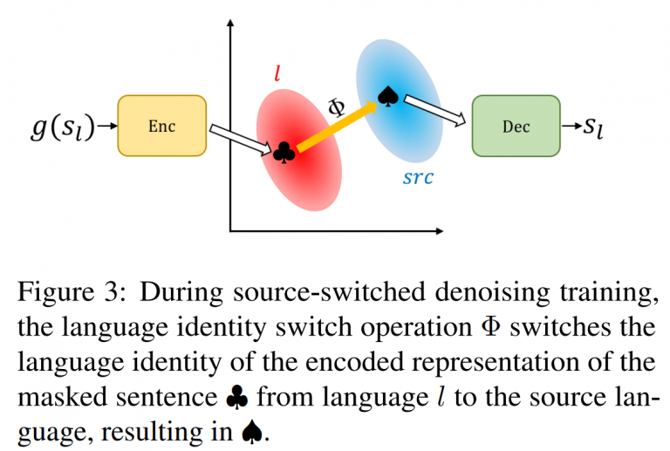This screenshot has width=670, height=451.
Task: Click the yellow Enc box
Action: (161, 126)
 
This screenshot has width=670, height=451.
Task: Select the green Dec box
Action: (516, 126)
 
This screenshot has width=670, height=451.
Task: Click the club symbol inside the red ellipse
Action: (284, 153)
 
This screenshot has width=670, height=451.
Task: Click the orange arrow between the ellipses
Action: (336, 124)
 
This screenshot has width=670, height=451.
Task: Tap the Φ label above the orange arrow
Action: (336, 106)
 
